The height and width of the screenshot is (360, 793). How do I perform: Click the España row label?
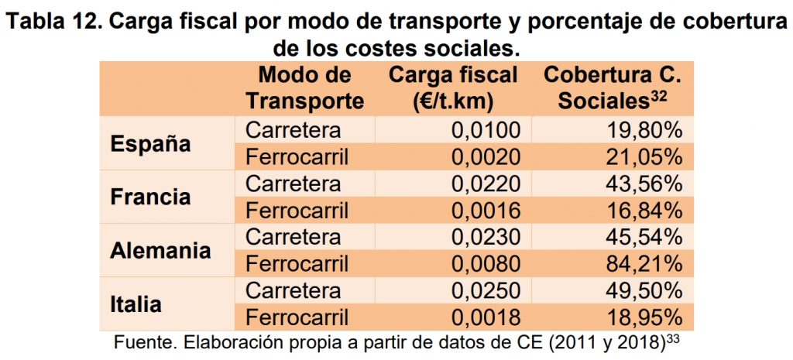pyautogui.click(x=150, y=144)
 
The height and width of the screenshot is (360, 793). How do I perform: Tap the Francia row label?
pyautogui.click(x=150, y=197)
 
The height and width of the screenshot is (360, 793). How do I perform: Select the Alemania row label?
pyautogui.click(x=160, y=250)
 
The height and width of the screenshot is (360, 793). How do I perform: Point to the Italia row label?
pyautogui.click(x=136, y=303)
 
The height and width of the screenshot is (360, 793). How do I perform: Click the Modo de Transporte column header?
pyautogui.click(x=304, y=87)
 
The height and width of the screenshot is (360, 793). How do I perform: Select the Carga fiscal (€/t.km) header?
pyautogui.click(x=453, y=87)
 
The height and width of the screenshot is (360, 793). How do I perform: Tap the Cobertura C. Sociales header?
pyautogui.click(x=612, y=87)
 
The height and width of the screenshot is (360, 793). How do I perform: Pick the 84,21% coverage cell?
pyautogui.click(x=647, y=264)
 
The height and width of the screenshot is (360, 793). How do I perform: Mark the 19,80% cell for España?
pyautogui.click(x=647, y=130)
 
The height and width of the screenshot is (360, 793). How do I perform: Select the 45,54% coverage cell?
pyautogui.click(x=647, y=237)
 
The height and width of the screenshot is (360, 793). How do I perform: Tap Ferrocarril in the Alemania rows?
pyautogui.click(x=297, y=264)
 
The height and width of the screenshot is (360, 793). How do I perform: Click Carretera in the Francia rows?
pyautogui.click(x=293, y=183)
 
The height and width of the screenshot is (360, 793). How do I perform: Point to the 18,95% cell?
pyautogui.click(x=647, y=317)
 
